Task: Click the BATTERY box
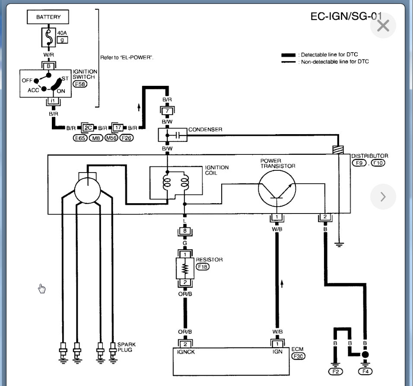pyautogui.click(x=48, y=17)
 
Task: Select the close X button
pyautogui.click(x=383, y=26)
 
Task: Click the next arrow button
pyautogui.click(x=383, y=197)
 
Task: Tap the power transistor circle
pyautogui.click(x=277, y=188)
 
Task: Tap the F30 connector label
pyautogui.click(x=299, y=356)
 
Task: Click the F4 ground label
pyautogui.click(x=365, y=371)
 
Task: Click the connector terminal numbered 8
pyautogui.click(x=185, y=232)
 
